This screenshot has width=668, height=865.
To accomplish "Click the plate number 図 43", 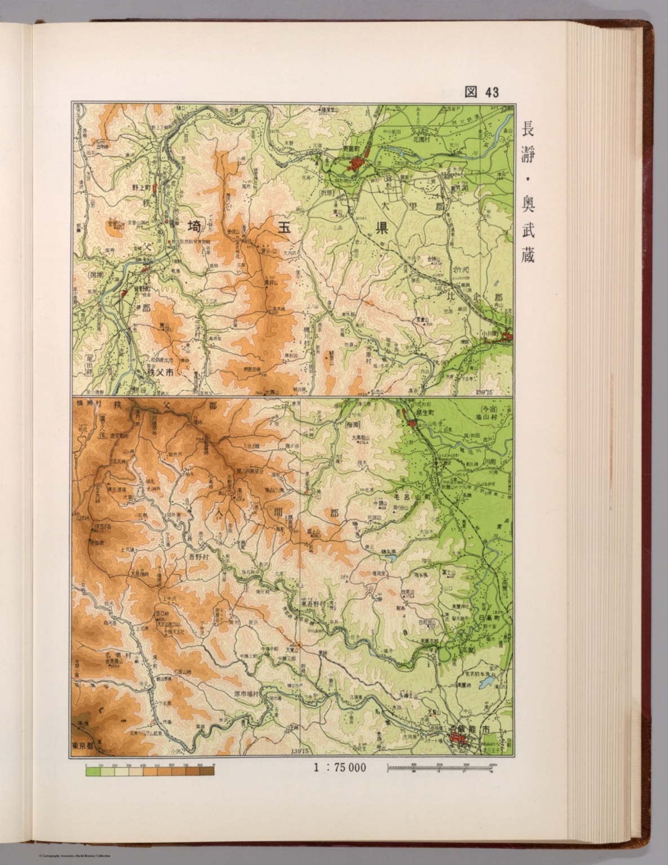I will pyautogui.click(x=482, y=92).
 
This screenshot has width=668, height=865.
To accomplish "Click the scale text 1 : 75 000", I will pyautogui.click(x=338, y=767).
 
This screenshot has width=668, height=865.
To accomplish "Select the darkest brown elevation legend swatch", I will pyautogui.click(x=206, y=772).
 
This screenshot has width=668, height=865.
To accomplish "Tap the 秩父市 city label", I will pyautogui.click(x=160, y=372).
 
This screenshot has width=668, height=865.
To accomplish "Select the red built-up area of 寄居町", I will pyautogui.click(x=356, y=164).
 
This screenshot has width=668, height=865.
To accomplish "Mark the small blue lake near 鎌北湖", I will pyautogui.click(x=390, y=559).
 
